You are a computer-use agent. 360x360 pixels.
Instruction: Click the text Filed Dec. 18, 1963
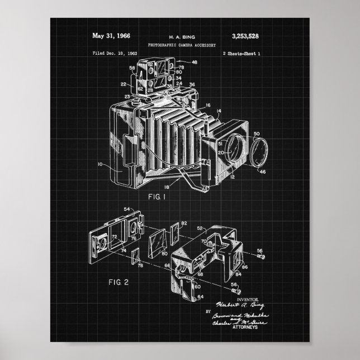[x=115, y=53]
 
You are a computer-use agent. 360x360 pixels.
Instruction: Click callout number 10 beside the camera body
[x=99, y=164]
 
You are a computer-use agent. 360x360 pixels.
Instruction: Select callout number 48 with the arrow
[x=194, y=63]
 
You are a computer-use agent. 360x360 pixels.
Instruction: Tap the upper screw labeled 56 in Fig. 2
[x=260, y=257]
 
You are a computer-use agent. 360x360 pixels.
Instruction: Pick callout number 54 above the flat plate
[x=126, y=209]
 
